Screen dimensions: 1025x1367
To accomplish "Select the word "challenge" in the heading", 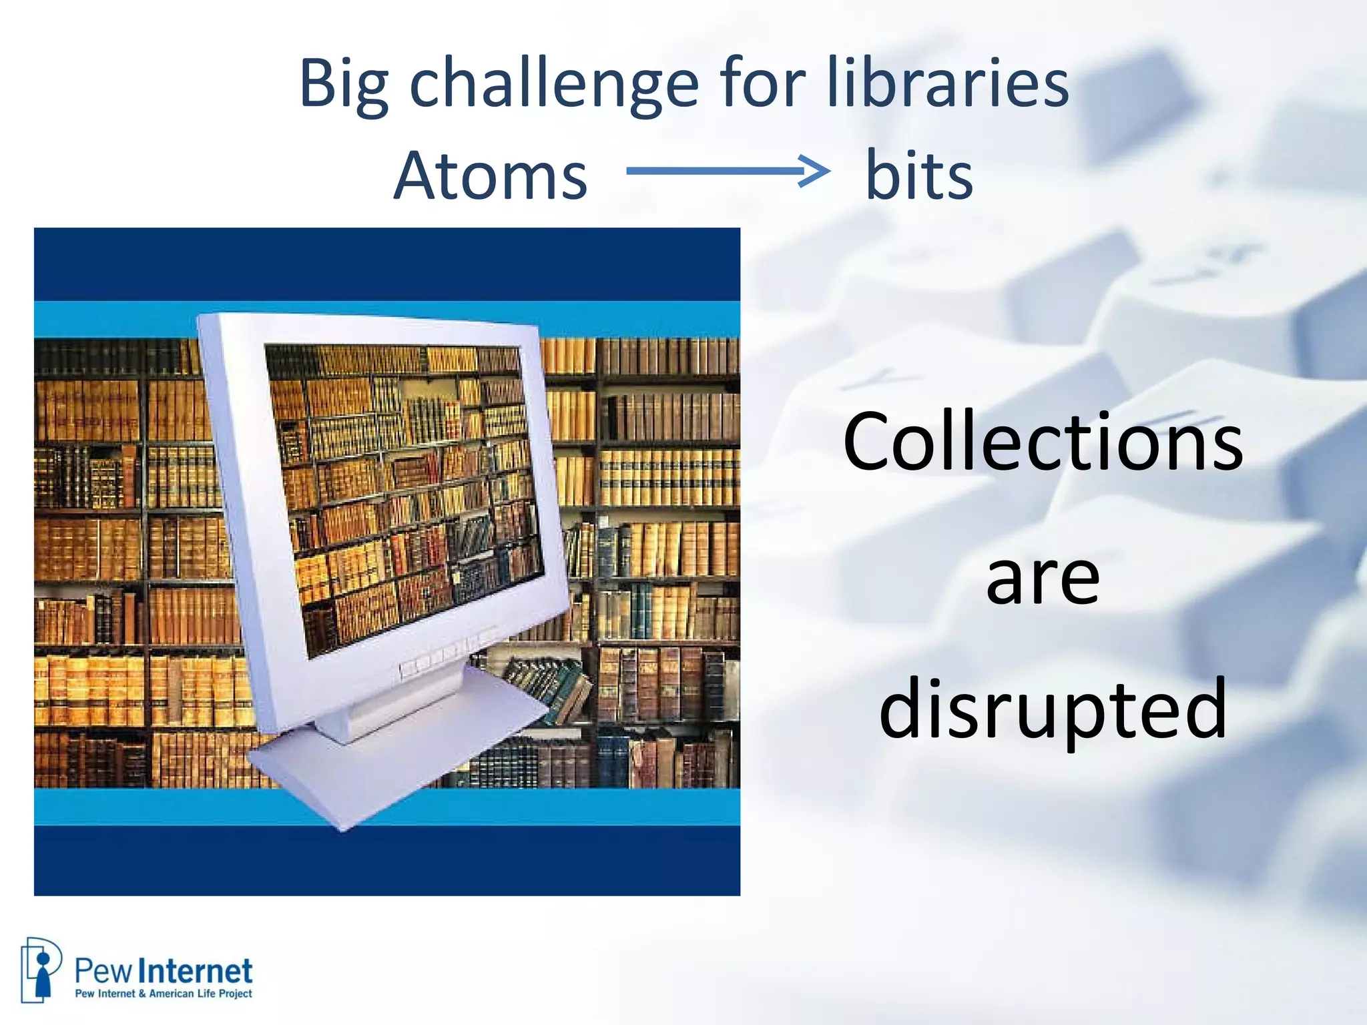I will click(554, 85).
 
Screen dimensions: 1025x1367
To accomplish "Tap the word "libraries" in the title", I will click(948, 83).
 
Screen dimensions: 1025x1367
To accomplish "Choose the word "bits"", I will click(919, 176).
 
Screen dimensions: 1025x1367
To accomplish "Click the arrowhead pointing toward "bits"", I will click(816, 171).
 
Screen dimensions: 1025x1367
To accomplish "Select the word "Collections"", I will click(1043, 442).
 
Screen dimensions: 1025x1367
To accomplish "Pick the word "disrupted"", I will click(1053, 710).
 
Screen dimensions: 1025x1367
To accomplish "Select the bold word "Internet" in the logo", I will click(198, 972).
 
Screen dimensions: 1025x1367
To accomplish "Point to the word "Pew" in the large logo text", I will click(104, 972).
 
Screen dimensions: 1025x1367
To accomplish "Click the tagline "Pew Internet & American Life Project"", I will click(164, 994).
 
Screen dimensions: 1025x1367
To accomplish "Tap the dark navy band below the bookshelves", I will click(387, 861).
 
